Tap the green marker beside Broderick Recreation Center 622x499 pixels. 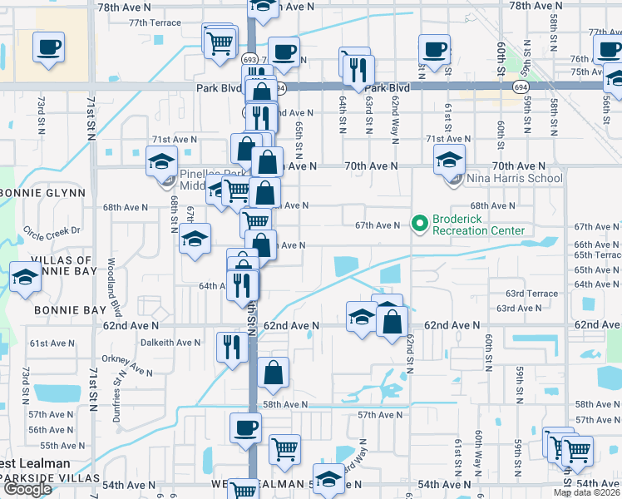click(418, 223)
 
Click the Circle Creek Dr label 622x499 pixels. click(52, 230)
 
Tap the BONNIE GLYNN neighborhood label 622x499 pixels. click(43, 193)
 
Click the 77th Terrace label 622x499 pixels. click(155, 22)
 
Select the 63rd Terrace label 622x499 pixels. click(533, 294)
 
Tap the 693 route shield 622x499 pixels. click(250, 60)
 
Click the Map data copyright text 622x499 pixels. click(586, 492)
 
